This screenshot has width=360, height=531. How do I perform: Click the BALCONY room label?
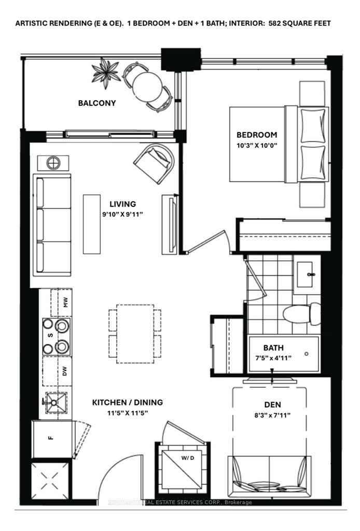97,103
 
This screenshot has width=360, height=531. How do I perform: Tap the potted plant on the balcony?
106,74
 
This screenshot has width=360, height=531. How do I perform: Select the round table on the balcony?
147,86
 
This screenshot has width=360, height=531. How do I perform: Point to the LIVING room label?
122,204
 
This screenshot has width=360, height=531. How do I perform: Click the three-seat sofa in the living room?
52,225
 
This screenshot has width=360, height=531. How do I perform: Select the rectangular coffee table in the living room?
92,223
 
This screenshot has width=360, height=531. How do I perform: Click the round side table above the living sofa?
53,163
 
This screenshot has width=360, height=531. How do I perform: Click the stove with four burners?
57,336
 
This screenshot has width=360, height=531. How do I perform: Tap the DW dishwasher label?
65,371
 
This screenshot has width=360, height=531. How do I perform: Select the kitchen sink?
56,402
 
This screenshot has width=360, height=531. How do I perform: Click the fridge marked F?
52,439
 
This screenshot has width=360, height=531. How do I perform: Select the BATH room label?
273,348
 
